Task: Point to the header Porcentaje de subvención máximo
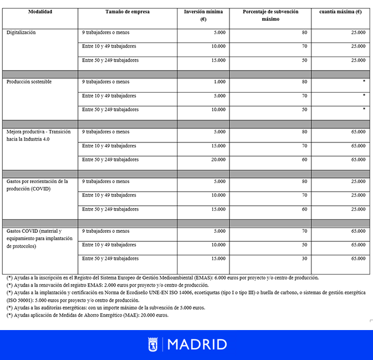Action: (270, 15)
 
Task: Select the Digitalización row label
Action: (21, 33)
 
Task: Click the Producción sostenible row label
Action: (29, 82)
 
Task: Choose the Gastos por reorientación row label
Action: (37, 185)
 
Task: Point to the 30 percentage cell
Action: (305, 258)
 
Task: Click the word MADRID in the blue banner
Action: (197, 344)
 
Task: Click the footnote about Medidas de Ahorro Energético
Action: (87, 315)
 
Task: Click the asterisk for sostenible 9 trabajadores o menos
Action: (363, 82)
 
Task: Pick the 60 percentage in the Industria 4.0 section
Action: (305, 159)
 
